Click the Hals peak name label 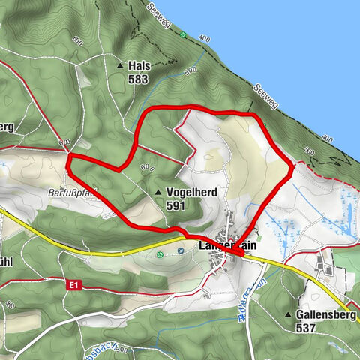coord(139,65)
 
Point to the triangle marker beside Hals coord(120,66)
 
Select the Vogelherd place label coord(192,193)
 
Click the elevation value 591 coord(176,205)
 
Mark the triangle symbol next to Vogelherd coord(158,193)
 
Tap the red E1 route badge coord(73,285)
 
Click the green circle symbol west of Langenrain coord(160,255)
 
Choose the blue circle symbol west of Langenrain coord(181,250)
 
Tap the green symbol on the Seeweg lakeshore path coord(183,34)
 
